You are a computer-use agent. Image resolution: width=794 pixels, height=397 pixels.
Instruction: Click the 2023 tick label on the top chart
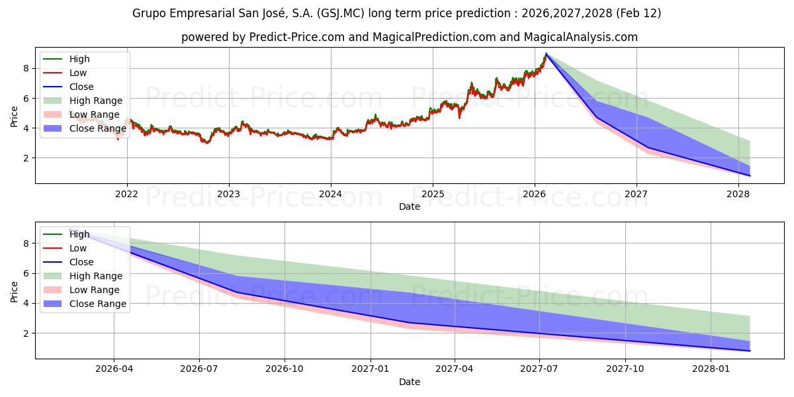229,194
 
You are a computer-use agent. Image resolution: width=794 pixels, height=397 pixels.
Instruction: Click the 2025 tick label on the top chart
433,194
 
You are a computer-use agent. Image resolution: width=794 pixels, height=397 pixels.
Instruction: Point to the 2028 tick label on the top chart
738,194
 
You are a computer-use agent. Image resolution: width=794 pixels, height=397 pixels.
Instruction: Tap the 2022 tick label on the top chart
127,194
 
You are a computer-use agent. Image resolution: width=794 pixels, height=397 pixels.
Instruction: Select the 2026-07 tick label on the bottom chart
200,369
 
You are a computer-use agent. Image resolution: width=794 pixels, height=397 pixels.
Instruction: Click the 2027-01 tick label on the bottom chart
371,369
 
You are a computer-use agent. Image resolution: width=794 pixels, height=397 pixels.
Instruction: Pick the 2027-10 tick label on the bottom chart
625,369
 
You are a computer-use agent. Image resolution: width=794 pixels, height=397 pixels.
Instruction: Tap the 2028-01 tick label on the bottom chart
711,369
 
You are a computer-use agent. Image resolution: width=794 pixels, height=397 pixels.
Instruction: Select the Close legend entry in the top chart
81,87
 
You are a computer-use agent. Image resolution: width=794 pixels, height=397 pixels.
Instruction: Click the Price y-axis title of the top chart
15,116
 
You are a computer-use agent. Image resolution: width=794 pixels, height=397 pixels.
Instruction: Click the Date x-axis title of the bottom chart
410,382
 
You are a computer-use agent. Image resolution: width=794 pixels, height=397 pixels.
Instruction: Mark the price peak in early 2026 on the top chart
546,54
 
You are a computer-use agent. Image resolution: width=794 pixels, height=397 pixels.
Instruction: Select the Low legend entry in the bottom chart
78,248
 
